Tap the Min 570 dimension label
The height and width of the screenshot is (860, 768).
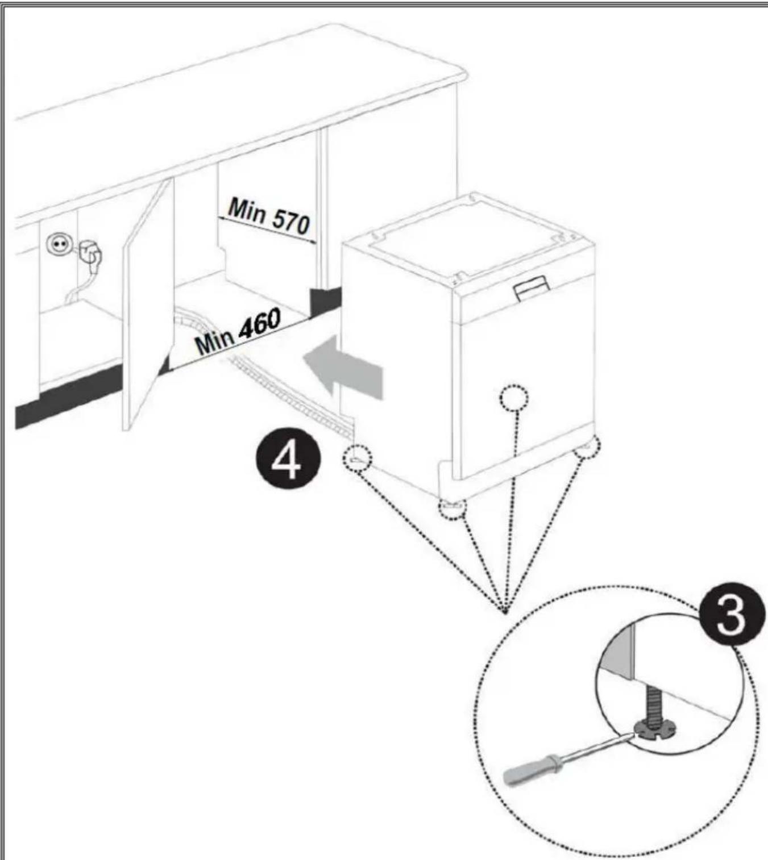click(268, 217)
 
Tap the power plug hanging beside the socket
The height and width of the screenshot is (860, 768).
click(90, 254)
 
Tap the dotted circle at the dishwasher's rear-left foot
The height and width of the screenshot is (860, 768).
click(356, 458)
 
